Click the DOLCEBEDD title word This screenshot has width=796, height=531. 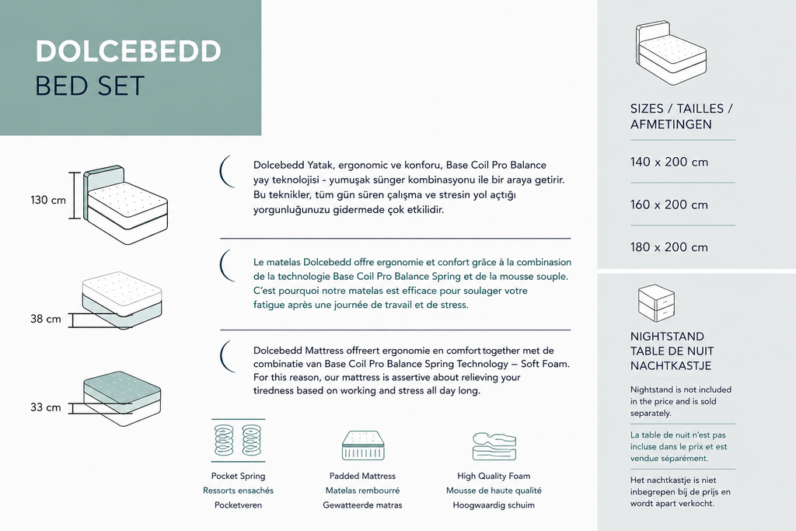point(128,51)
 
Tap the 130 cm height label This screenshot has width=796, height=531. point(48,200)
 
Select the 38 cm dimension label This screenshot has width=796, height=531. point(46,320)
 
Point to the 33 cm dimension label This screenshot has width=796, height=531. point(46,407)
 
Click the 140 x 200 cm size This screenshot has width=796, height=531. point(669,162)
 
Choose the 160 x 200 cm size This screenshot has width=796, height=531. point(669,204)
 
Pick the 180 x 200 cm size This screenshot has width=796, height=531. point(669,247)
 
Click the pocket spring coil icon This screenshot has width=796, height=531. point(238,440)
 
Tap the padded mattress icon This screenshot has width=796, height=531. point(362,445)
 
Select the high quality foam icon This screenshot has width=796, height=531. point(494,446)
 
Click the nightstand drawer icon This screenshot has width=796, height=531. point(656,302)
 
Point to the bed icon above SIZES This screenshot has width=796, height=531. point(671,52)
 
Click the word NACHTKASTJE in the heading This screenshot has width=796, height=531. point(671,365)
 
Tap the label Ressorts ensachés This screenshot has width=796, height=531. point(238,491)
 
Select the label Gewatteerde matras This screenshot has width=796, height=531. point(362,505)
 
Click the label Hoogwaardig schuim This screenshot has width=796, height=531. point(494,505)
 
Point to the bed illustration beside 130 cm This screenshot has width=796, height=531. point(125,204)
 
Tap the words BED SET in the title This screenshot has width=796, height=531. point(90,86)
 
